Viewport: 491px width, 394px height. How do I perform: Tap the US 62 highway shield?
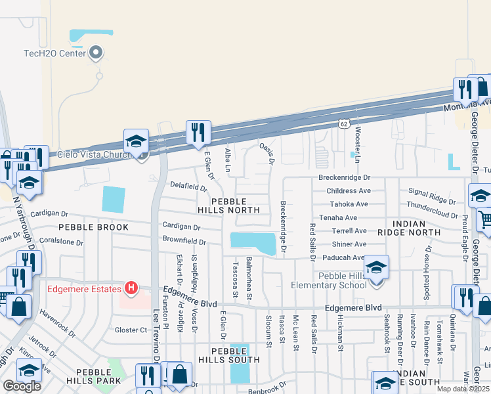(344, 123)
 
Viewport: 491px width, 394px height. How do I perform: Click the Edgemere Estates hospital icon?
(131, 288)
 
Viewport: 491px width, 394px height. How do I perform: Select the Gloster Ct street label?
(131, 330)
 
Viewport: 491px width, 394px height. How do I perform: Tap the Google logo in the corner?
(22, 386)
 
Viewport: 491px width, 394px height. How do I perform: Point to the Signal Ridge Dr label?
(431, 196)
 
